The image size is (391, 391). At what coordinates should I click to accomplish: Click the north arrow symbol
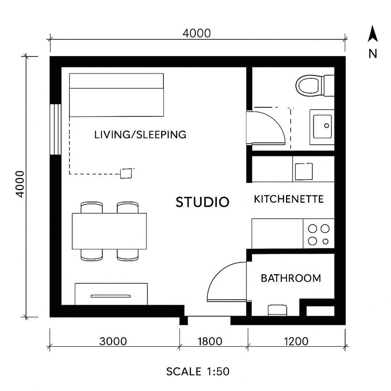pos(372,35)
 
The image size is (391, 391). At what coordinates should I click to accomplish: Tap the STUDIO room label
pos(202,202)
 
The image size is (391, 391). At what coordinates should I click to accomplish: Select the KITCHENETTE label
pos(289,199)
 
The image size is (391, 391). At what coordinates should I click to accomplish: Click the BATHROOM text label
pos(291,278)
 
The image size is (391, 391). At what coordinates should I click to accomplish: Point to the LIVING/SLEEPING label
pos(140,135)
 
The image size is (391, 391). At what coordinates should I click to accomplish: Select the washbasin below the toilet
pos(322,126)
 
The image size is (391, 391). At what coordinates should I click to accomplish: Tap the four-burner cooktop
pos(318,234)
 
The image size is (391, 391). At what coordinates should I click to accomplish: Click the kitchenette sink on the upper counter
pos(304,171)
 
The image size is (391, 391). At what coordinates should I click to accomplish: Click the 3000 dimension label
pos(113,341)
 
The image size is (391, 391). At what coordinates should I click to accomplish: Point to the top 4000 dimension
pos(196,33)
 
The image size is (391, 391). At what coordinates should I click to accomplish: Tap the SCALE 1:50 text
pos(198,372)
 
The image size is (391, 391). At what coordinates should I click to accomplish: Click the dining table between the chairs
pos(109,231)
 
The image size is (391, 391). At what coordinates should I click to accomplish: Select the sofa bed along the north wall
pos(116,95)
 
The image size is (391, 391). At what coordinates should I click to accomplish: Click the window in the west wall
pos(55,129)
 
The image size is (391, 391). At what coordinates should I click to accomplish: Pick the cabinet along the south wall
pos(111,294)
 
